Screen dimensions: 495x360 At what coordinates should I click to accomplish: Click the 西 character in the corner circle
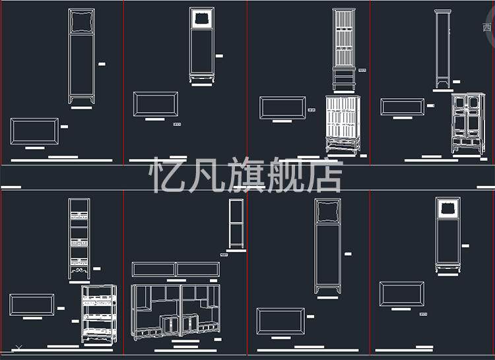[x=487, y=28]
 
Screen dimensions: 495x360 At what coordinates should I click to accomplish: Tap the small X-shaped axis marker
[x=19, y=347]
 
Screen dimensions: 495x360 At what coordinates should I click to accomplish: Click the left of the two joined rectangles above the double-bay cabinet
[x=153, y=270]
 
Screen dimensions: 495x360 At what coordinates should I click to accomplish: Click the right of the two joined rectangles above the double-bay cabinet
[x=198, y=270]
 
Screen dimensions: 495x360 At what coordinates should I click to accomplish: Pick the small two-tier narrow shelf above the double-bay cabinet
[x=236, y=224]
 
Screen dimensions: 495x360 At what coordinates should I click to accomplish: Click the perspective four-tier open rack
[x=99, y=314]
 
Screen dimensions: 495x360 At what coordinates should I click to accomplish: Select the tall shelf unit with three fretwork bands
[x=79, y=237]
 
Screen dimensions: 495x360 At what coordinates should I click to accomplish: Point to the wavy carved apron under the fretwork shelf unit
[x=79, y=270]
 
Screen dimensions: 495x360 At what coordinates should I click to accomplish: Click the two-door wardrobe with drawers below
[x=468, y=123]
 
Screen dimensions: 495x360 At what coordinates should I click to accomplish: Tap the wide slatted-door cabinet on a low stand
[x=343, y=125]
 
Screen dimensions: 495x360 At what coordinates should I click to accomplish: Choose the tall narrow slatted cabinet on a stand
[x=343, y=49]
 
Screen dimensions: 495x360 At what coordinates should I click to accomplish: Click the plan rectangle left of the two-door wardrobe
[x=402, y=107]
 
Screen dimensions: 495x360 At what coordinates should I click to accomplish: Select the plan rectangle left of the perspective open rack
[x=32, y=304]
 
